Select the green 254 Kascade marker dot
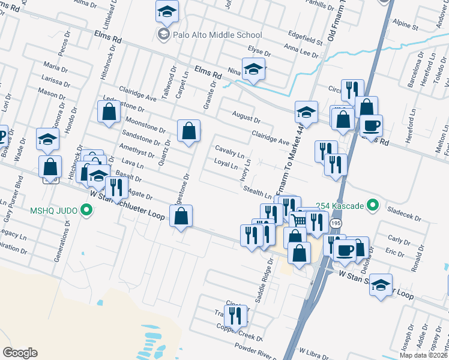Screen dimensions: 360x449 372,206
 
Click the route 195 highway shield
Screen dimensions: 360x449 336,223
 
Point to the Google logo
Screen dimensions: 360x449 20,352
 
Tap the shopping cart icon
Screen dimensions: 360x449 300,220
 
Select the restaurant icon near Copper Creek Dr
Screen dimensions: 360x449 235,314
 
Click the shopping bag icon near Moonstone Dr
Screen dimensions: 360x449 109,112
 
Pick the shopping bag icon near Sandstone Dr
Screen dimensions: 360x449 188,130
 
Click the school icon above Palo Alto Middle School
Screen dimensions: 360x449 167,10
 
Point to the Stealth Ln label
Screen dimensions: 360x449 258,193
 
